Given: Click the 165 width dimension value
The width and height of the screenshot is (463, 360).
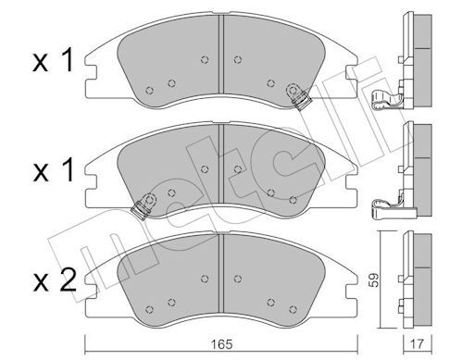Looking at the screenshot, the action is coord(222,344).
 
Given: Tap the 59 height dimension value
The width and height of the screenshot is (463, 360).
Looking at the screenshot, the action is coord(374,280).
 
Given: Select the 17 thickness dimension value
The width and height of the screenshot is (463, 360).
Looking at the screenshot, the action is coord(418,344).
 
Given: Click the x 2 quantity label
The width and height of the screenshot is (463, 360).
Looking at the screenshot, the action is coord(55,280).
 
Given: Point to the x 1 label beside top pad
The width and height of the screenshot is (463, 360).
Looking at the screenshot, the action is coord(53,60).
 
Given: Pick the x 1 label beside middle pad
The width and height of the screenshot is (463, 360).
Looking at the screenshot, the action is coord(53,169).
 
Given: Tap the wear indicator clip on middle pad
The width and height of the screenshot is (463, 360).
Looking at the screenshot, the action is coord(144,206).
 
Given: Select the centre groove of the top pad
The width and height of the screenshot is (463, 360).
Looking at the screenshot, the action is coord(220,54).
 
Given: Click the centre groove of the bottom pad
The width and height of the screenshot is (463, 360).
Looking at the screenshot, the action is coord(220,273).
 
